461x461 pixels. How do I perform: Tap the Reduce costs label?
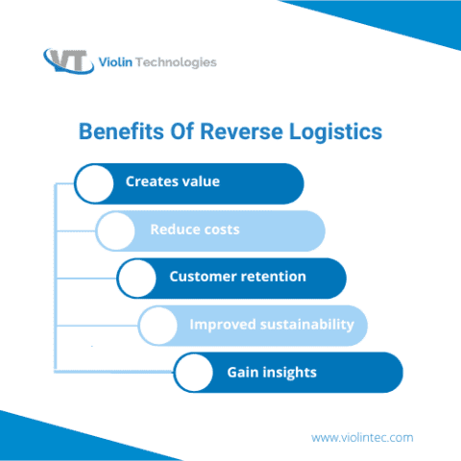tap(195, 230)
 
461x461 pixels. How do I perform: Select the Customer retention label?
tap(237, 277)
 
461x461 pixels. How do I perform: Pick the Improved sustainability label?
tap(271, 324)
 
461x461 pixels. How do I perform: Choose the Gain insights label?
tap(272, 372)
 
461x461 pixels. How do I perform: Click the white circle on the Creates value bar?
tap(94, 183)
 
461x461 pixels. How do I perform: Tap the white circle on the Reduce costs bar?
tap(115, 230)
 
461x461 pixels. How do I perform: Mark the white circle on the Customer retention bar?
tap(136, 278)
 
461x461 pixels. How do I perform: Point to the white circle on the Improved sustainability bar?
tap(158, 325)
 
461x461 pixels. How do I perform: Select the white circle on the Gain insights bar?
tap(192, 373)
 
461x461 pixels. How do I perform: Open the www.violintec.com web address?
tap(362, 437)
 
